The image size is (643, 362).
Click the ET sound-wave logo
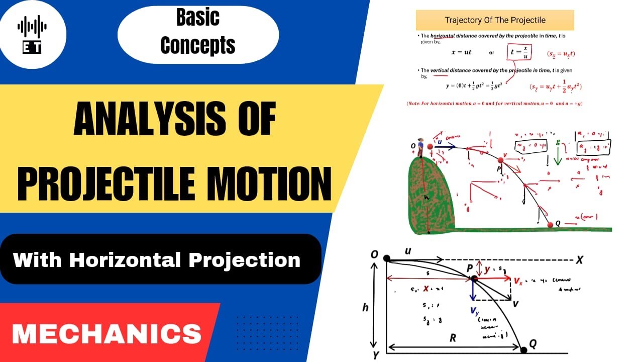click(x=33, y=34)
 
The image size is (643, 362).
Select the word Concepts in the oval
click(x=198, y=46)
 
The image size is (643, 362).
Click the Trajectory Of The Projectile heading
click(x=495, y=20)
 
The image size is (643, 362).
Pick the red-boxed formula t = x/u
click(x=520, y=52)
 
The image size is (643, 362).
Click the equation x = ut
click(x=461, y=52)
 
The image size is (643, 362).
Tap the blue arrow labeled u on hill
click(x=446, y=147)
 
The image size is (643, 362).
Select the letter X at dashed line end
click(x=579, y=260)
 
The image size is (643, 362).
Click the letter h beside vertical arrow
click(x=366, y=307)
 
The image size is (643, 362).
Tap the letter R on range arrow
click(x=453, y=338)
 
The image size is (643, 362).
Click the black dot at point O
click(x=386, y=258)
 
